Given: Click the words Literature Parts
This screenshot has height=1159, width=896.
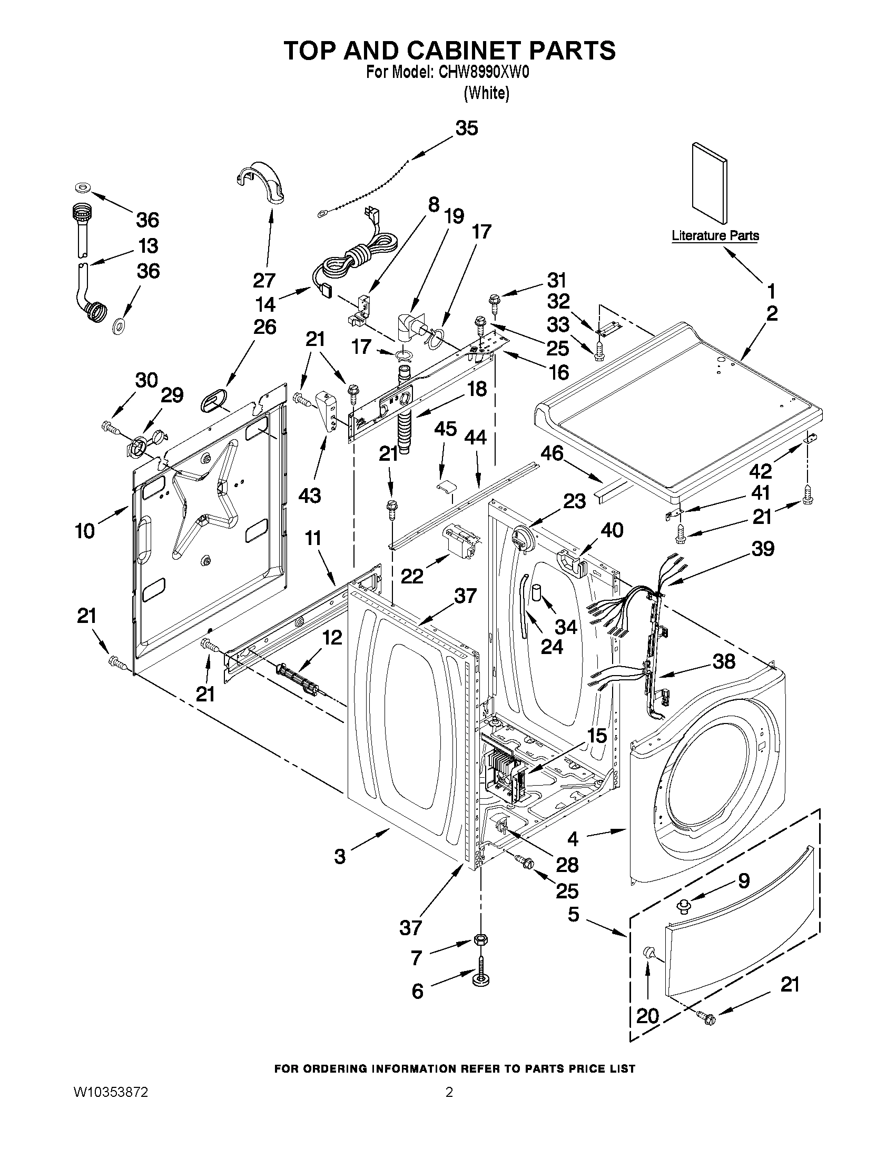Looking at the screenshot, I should [715, 235].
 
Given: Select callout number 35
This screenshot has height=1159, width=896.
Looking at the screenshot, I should [467, 128].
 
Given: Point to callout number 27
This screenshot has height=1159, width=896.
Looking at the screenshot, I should [264, 280].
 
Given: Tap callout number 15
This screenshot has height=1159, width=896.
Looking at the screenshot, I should [597, 736].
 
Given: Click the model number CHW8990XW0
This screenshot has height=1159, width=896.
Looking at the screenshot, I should [483, 73].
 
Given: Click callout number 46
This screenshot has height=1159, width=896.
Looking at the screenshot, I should [552, 454].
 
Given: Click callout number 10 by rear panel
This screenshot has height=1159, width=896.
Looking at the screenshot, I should [85, 530].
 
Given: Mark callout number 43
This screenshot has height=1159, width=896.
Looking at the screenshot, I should [309, 496].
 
